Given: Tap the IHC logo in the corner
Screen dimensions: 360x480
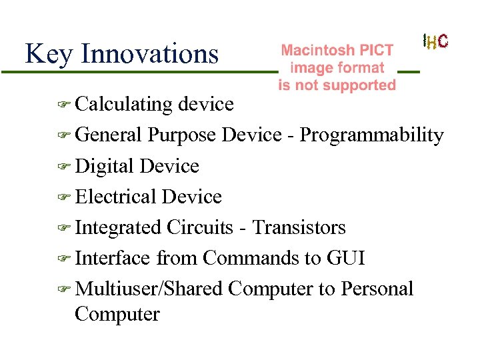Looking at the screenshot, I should point(435,41).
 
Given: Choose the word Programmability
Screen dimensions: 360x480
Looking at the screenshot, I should point(371,135).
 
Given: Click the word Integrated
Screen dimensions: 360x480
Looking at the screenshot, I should point(118,227).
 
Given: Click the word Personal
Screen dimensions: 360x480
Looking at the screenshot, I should point(377,289).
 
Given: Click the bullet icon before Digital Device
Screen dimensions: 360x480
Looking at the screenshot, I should point(63,167).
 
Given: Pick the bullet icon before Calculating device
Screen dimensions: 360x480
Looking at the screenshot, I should point(63,105).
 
